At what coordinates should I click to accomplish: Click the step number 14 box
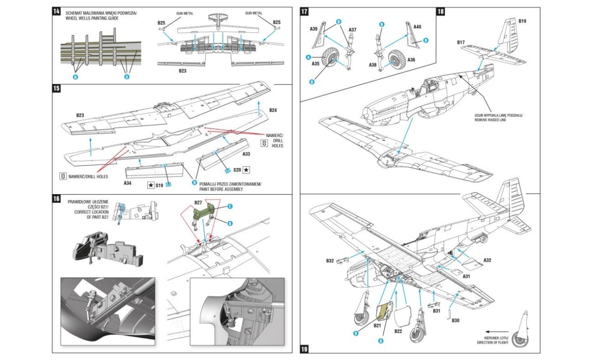pyautogui.click(x=57, y=12)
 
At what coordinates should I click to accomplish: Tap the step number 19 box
pyautogui.click(x=304, y=349)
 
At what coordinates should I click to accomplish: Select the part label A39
pyautogui.click(x=314, y=28)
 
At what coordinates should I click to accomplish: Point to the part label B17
pyautogui.click(x=461, y=42)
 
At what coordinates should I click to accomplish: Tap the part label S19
pyautogui.click(x=160, y=185)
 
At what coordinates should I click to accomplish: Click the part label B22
pyautogui.click(x=398, y=331)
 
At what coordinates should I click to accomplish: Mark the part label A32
pyautogui.click(x=487, y=260)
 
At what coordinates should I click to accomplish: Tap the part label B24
pyautogui.click(x=274, y=110)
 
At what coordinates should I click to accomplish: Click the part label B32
pyautogui.click(x=330, y=260)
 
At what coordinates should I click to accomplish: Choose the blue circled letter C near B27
pyautogui.click(x=229, y=206)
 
